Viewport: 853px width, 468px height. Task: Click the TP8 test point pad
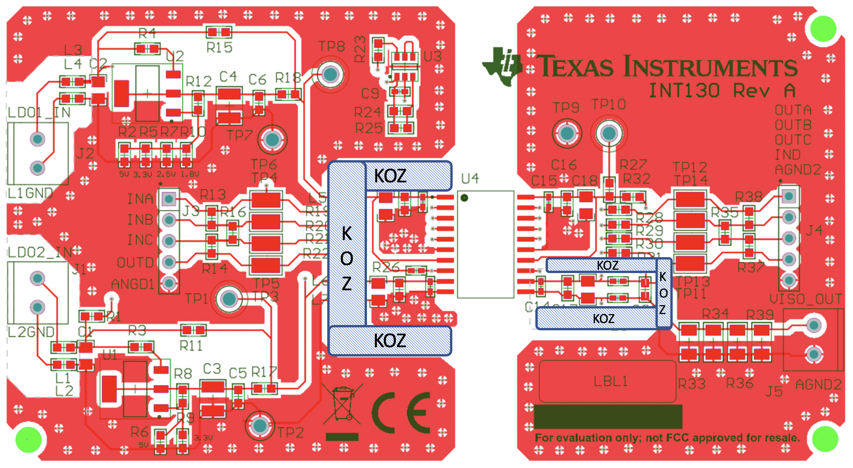pyautogui.click(x=330, y=74)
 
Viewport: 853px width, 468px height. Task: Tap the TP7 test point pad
pyautogui.click(x=272, y=139)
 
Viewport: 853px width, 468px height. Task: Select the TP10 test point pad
pyautogui.click(x=608, y=133)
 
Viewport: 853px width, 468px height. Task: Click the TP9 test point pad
pyautogui.click(x=566, y=133)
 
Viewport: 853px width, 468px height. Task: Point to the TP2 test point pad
pyautogui.click(x=260, y=426)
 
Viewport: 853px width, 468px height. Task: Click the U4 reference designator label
pyautogui.click(x=470, y=179)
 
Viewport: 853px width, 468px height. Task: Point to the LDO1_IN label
pyautogui.click(x=39, y=113)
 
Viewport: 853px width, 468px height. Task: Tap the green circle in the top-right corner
pyautogui.click(x=823, y=29)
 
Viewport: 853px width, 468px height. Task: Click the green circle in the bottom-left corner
pyautogui.click(x=28, y=440)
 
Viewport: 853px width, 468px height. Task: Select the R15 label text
pyautogui.click(x=219, y=48)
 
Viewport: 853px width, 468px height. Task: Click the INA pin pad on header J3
pyautogui.click(x=169, y=199)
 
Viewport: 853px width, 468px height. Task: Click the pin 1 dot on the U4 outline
pyautogui.click(x=464, y=198)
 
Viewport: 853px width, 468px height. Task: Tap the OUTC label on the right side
pyautogui.click(x=793, y=140)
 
